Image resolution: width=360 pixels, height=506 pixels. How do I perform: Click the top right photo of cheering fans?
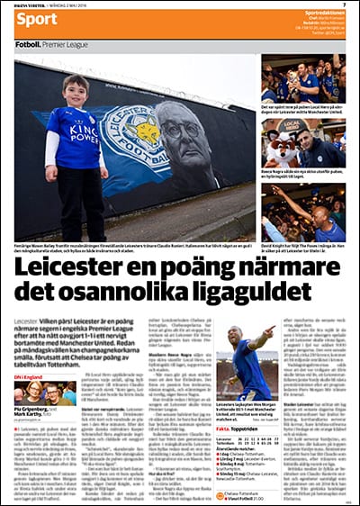tap(302, 78)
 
